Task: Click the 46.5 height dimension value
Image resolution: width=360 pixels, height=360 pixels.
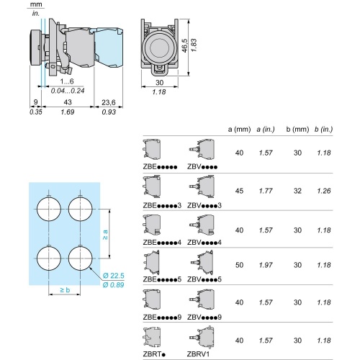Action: coord(184,47)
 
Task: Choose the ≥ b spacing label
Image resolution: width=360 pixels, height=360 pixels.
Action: coord(65,290)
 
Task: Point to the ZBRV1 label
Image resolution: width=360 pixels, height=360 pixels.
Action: coord(199,354)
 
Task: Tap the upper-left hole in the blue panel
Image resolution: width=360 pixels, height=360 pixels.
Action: coord(48,209)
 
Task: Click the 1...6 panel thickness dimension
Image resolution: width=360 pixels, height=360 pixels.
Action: coord(57,83)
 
